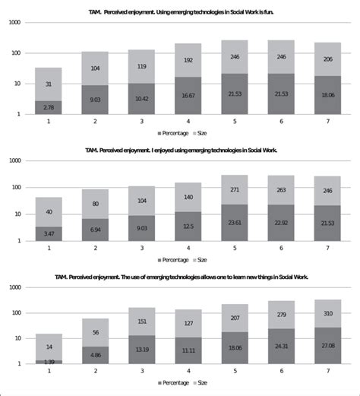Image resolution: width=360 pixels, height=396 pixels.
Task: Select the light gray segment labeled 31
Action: (x=49, y=84)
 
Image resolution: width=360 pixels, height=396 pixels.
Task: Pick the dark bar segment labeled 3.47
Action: (x=49, y=233)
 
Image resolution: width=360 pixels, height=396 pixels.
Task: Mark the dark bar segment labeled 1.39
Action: (x=49, y=362)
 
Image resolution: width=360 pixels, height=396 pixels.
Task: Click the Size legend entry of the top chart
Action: (x=200, y=132)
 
